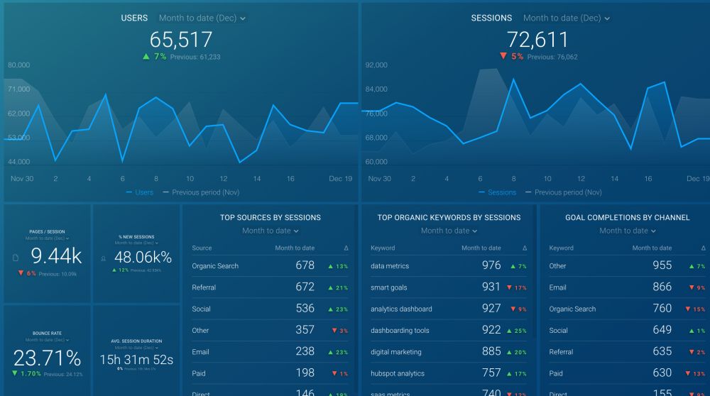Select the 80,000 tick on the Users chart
(18, 65)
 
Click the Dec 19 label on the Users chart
(340, 179)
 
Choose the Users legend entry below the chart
(140, 192)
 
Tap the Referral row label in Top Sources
(204, 287)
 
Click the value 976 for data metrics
(491, 266)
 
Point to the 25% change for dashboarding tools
(516, 331)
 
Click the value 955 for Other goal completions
(662, 266)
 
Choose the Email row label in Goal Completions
(557, 287)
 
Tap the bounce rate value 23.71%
(47, 357)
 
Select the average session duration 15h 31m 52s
(136, 360)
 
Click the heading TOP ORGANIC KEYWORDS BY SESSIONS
(449, 218)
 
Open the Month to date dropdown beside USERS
(202, 18)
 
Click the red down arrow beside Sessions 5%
(503, 57)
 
